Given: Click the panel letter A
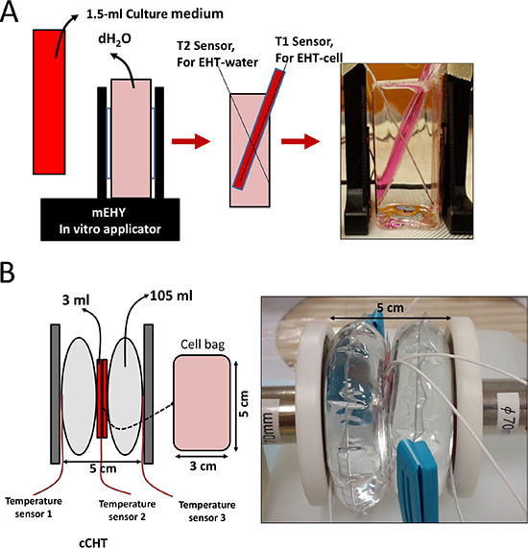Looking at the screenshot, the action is [x=9, y=12].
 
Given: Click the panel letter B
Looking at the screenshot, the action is [x=8, y=273].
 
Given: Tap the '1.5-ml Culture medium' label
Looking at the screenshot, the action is [x=155, y=14].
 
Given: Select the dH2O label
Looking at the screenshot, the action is [x=114, y=39].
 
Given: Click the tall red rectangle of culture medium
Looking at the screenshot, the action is [x=49, y=102].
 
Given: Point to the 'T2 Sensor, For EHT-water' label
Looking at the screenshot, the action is [x=217, y=54].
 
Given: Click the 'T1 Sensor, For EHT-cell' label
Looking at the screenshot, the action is [x=309, y=49].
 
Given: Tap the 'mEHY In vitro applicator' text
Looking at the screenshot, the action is [x=109, y=221].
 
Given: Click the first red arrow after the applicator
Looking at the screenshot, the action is [x=191, y=141].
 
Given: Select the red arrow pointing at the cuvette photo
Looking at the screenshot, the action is [x=300, y=141].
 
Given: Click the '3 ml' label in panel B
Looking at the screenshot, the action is [x=76, y=300].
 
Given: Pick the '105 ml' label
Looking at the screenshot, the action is [x=171, y=296].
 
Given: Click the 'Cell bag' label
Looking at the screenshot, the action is [x=203, y=345].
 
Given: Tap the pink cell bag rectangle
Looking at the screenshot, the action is [x=202, y=403].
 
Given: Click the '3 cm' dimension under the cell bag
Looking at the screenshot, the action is [x=203, y=466].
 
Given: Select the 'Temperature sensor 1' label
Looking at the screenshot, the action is [x=34, y=508].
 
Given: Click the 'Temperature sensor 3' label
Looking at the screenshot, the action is [x=207, y=512].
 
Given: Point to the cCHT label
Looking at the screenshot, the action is [x=93, y=542].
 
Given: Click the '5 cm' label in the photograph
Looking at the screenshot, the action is [x=390, y=308].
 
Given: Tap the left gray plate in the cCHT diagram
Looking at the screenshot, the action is [x=56, y=393].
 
